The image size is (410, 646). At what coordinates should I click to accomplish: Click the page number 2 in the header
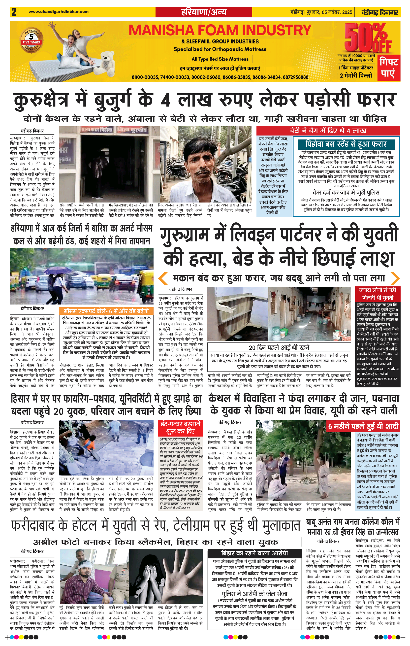(x=14, y=12)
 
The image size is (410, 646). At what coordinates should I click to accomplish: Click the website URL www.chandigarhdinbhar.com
(x=58, y=11)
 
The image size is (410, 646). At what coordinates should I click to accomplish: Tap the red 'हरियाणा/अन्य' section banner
(x=204, y=12)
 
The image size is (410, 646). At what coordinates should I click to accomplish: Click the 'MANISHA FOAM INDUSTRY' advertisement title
(x=220, y=30)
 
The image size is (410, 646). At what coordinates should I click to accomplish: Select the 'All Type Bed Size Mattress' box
(x=220, y=59)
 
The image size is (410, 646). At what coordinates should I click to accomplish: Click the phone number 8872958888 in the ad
(x=296, y=77)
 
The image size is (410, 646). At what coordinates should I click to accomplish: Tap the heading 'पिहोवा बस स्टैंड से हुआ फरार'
(x=346, y=144)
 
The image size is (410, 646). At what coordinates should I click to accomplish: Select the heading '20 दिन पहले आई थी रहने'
(x=279, y=348)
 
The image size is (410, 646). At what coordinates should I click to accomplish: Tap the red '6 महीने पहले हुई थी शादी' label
(x=363, y=426)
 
